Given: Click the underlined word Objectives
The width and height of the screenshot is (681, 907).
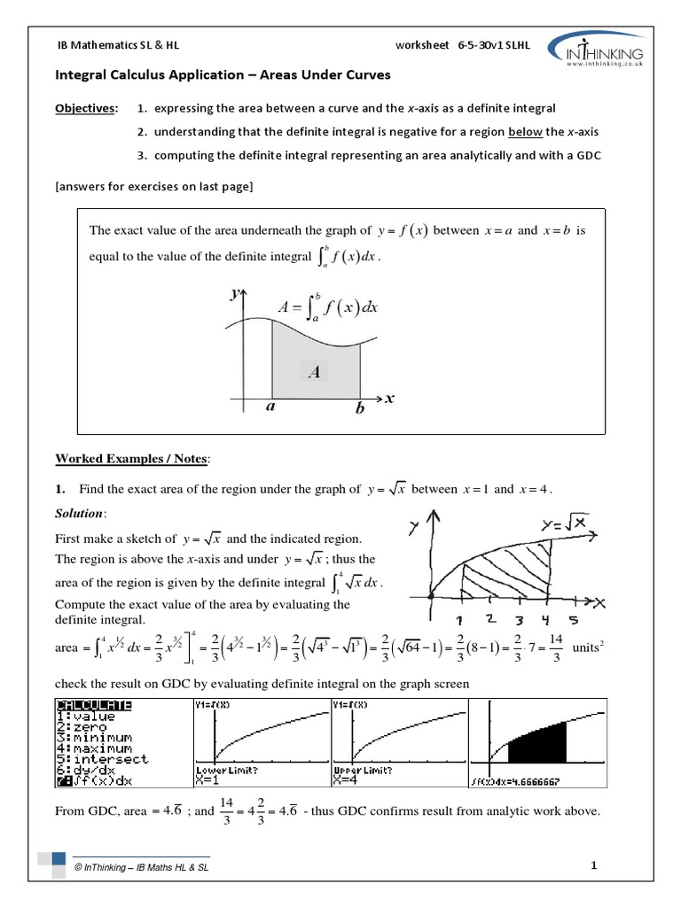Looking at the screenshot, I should pyautogui.click(x=86, y=108).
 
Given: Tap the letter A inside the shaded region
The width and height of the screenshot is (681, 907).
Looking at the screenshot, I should pyautogui.click(x=314, y=373).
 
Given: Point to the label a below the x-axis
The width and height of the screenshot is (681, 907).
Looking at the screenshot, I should pyautogui.click(x=270, y=409).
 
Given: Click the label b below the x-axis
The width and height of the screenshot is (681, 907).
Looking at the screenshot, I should pyautogui.click(x=360, y=410).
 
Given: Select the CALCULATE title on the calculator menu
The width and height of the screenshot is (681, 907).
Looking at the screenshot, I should pyautogui.click(x=94, y=705).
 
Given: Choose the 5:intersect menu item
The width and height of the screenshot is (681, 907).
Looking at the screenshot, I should pyautogui.click(x=99, y=758).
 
